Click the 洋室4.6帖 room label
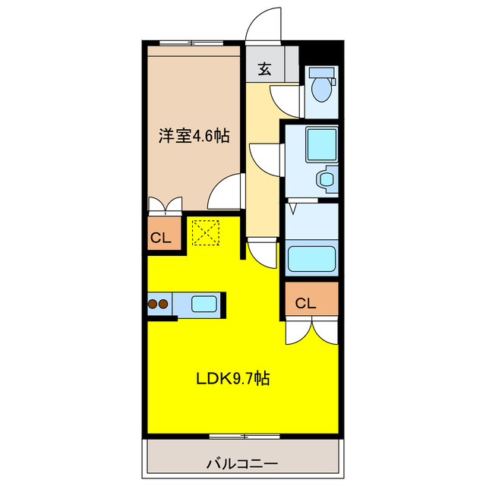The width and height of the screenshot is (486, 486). click(x=194, y=137)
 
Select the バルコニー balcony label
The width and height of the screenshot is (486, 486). click(x=242, y=462)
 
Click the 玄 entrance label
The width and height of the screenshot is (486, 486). click(x=264, y=69)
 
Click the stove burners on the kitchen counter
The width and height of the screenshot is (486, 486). click(x=158, y=305)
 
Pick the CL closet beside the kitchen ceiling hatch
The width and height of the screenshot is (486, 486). click(x=159, y=238)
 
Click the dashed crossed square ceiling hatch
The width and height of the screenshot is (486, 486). click(x=204, y=232)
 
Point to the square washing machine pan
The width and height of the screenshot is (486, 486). click(x=320, y=144)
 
